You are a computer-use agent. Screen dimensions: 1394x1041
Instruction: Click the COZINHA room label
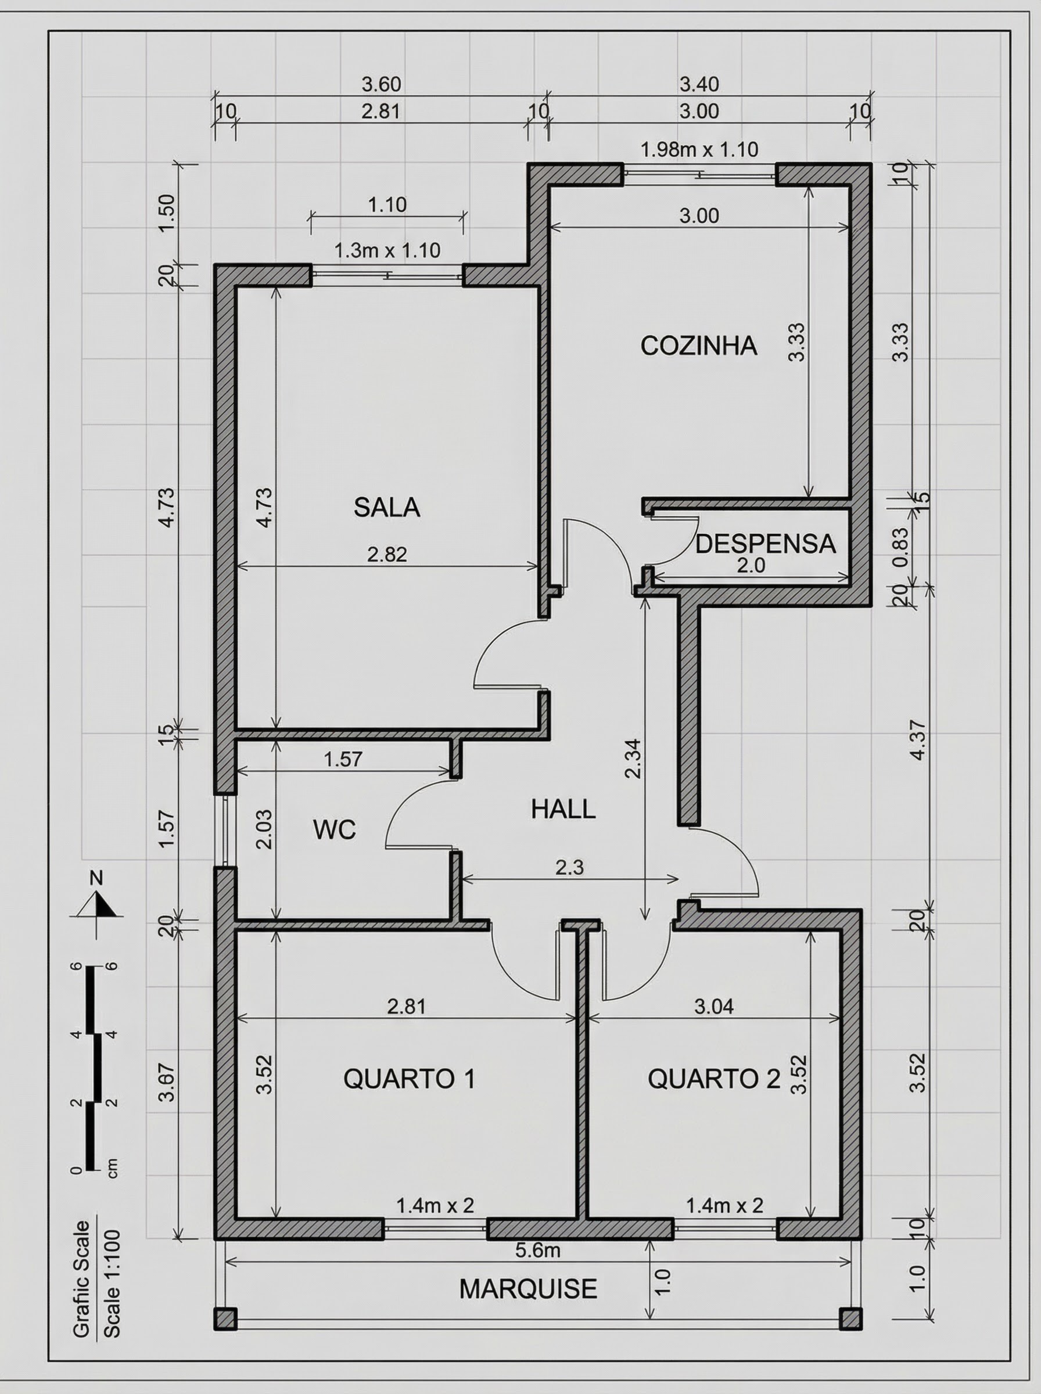(x=698, y=346)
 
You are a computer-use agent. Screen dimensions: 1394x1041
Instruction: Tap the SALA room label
(x=386, y=507)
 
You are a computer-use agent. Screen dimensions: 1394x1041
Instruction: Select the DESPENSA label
(x=765, y=544)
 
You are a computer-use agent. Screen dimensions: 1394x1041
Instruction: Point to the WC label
(x=335, y=829)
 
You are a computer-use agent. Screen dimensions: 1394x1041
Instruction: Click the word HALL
(x=563, y=809)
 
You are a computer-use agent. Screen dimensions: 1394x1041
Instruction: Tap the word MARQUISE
(x=527, y=1289)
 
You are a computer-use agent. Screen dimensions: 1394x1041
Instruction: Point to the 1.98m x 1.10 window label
(x=699, y=150)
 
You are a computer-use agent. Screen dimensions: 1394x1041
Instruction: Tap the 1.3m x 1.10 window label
(x=386, y=251)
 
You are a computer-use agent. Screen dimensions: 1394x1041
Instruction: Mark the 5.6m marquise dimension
(x=537, y=1250)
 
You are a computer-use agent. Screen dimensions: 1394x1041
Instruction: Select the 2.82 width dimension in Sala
(x=386, y=554)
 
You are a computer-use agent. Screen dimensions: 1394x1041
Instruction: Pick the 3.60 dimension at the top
(x=380, y=84)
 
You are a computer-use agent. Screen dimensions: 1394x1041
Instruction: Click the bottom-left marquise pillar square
(x=225, y=1318)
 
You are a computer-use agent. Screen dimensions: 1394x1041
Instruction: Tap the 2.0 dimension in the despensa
(x=751, y=566)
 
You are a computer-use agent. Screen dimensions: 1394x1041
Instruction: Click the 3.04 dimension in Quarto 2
(x=713, y=1006)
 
